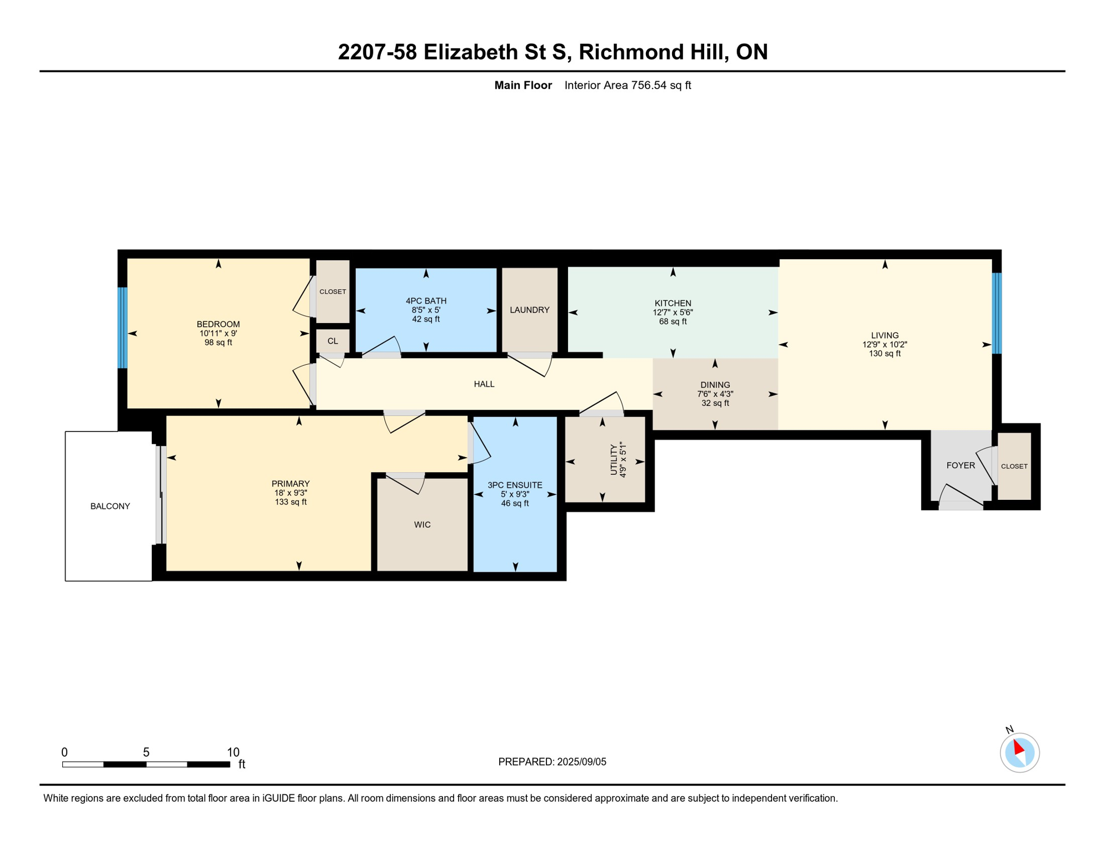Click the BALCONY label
[110, 506]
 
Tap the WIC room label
[422, 524]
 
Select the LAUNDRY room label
[529, 310]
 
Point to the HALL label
[484, 384]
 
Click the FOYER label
[960, 465]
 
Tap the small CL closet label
[332, 341]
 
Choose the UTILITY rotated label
[614, 460]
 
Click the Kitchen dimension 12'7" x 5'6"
[673, 312]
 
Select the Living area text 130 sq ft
[885, 354]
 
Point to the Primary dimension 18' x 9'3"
[291, 493]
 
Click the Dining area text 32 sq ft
[715, 403]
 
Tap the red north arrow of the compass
[1018, 746]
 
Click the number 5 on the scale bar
[146, 752]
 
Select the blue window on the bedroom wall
[123, 327]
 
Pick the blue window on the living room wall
[997, 313]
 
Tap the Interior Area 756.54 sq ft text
[628, 85]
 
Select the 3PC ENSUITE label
[515, 485]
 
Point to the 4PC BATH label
[426, 301]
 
